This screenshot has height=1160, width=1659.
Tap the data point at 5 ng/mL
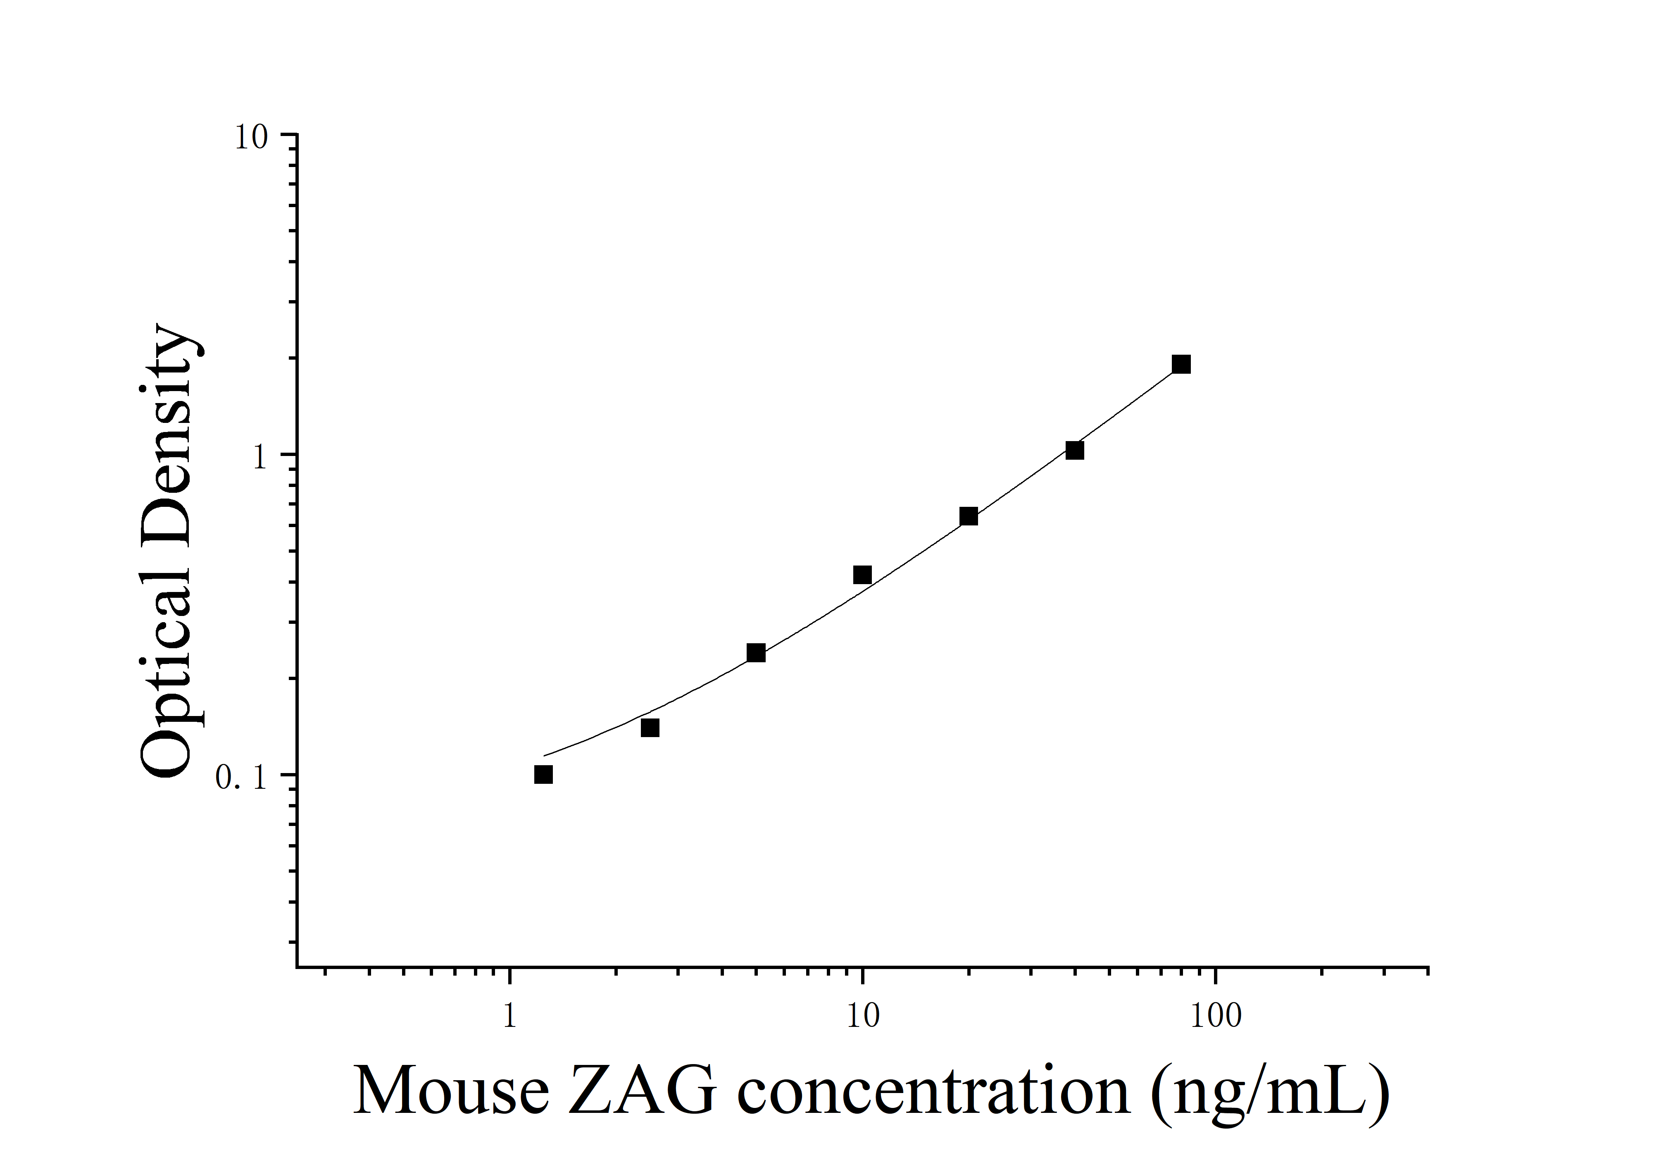756,653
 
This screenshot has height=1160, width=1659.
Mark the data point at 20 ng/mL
968,516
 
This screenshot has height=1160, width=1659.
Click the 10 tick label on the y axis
251,137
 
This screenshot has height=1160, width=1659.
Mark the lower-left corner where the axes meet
297,966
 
